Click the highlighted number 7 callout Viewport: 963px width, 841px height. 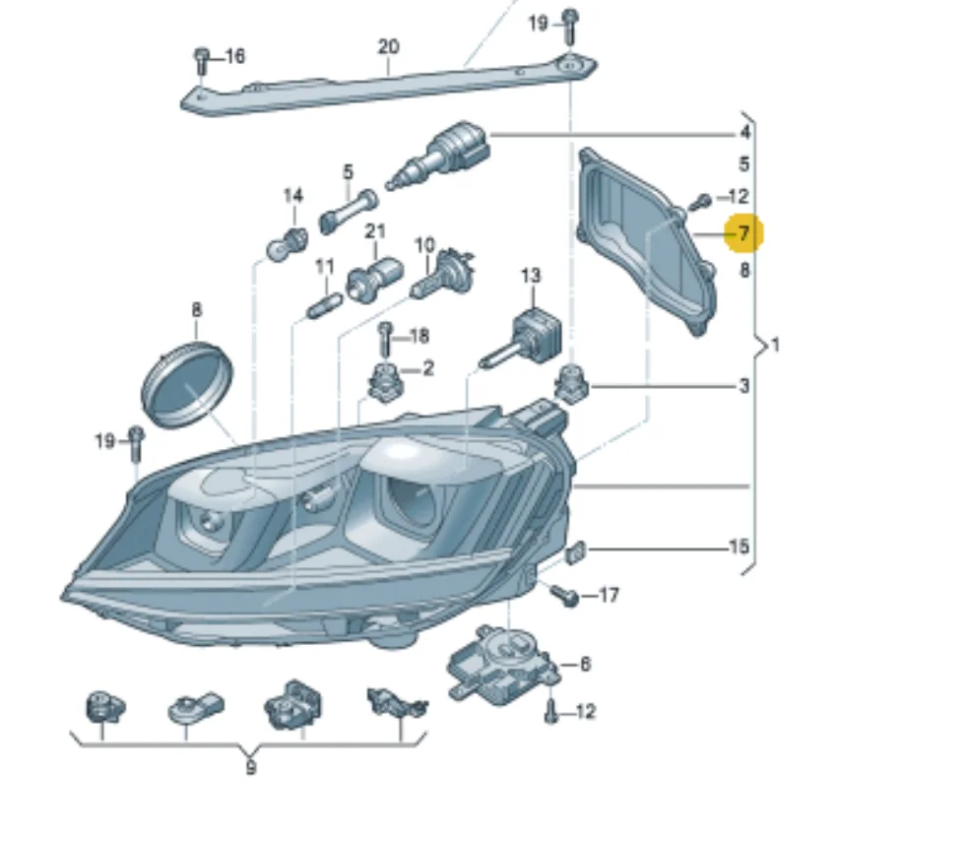743,233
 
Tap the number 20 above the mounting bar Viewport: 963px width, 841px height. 388,46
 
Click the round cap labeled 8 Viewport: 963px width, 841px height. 187,385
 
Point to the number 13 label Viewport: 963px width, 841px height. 532,275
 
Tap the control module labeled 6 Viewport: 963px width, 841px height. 503,664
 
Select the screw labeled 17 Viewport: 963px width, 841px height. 564,594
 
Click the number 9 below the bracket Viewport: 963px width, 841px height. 250,768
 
